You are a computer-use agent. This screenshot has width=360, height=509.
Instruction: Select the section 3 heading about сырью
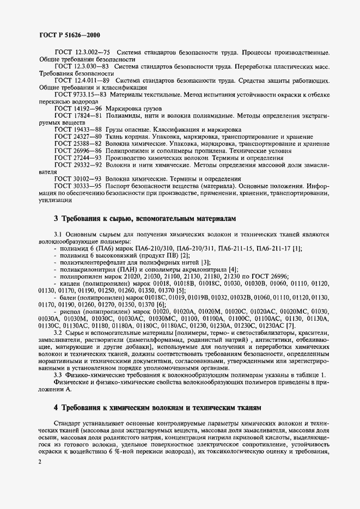(145, 218)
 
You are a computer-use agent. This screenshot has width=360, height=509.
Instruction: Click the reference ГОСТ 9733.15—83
(78, 94)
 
